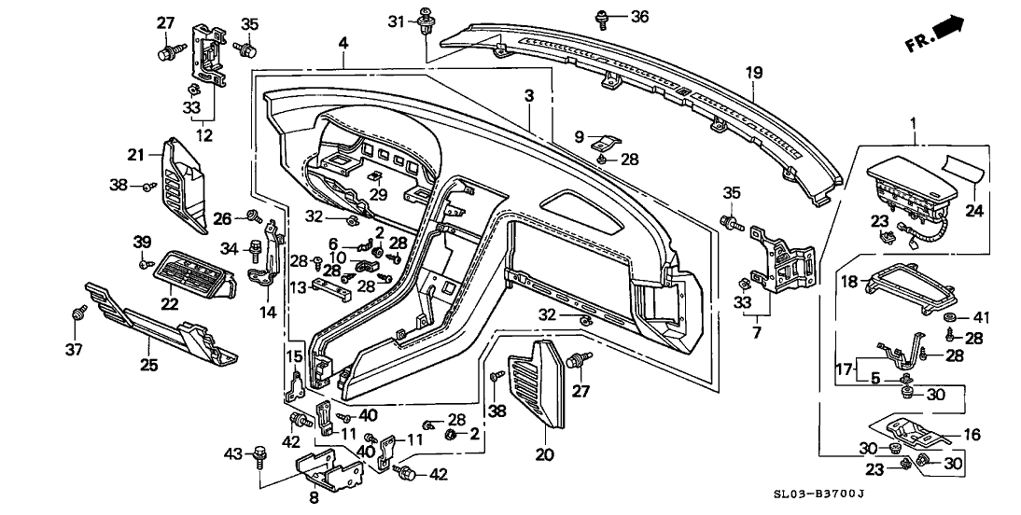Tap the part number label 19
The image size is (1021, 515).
[x=753, y=72]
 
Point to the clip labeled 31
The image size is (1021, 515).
[x=427, y=21]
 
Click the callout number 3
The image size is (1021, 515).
[x=528, y=96]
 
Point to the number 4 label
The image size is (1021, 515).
[x=343, y=43]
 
